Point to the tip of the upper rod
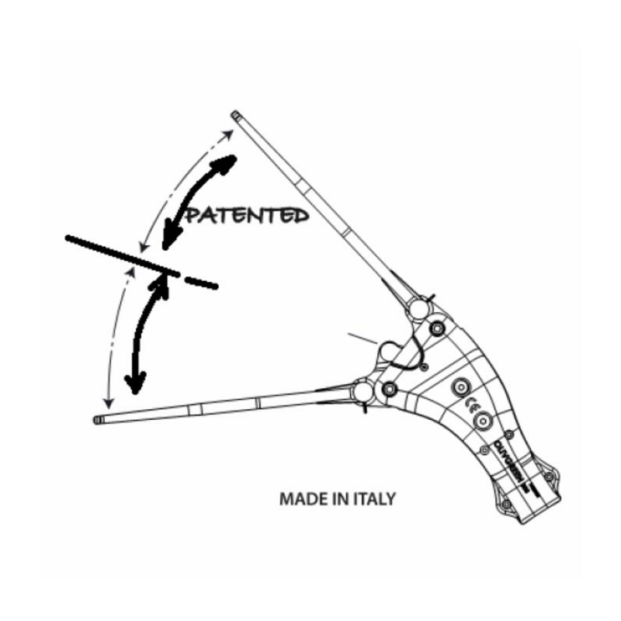click(236, 116)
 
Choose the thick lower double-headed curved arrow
click(145, 330)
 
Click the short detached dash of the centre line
click(201, 282)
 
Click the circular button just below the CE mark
click(482, 420)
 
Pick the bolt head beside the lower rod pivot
click(390, 387)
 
